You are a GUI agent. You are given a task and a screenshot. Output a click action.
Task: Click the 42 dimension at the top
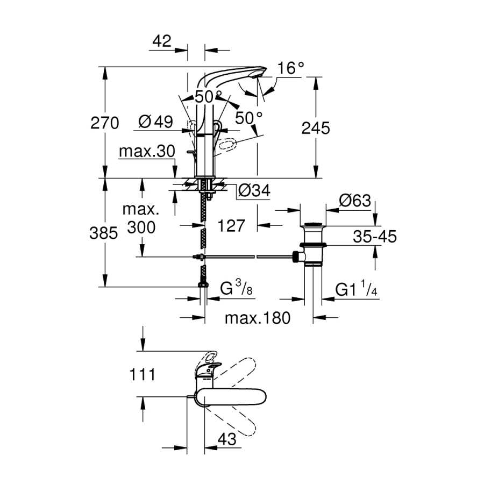(x=162, y=41)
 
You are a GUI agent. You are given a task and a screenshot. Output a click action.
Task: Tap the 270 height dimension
(x=105, y=123)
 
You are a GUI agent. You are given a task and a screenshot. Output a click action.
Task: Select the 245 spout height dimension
(x=316, y=128)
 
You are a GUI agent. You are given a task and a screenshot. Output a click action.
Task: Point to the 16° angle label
(x=291, y=68)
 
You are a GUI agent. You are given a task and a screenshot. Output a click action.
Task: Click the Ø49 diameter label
(x=155, y=122)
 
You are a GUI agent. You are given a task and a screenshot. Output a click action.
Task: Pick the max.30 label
(x=147, y=151)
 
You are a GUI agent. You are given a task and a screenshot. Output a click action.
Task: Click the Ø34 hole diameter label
(x=254, y=190)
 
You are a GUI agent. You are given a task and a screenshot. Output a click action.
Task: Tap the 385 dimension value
(x=103, y=233)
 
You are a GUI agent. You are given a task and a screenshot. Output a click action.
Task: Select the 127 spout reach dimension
(x=231, y=226)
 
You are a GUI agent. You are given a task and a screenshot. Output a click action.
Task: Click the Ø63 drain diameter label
(x=355, y=201)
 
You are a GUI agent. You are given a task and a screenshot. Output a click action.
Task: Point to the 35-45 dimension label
(x=375, y=237)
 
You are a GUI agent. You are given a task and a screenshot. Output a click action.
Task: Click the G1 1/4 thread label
(x=356, y=289)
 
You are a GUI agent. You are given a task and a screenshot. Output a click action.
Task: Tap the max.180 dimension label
(x=258, y=318)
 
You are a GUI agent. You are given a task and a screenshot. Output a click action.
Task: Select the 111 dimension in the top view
(x=143, y=375)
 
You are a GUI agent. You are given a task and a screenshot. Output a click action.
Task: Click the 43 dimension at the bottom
(x=227, y=439)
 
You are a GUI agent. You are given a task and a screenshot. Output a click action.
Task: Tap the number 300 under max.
(x=141, y=227)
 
